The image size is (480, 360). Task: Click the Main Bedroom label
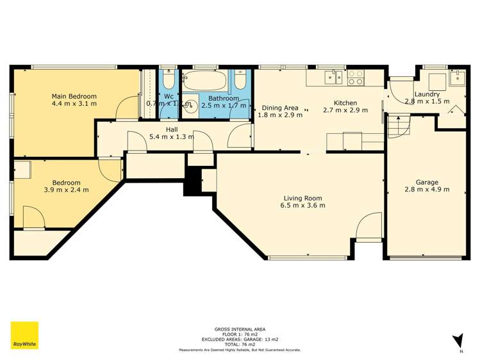point(74,96)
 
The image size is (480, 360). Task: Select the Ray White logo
point(24,335)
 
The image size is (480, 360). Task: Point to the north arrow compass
point(458,341)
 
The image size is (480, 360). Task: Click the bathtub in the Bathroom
point(204,81)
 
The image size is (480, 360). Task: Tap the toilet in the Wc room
point(168,80)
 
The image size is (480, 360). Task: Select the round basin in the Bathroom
point(190,106)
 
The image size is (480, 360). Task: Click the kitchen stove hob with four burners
point(356,78)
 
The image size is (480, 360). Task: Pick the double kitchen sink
point(331,78)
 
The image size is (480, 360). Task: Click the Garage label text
point(427,181)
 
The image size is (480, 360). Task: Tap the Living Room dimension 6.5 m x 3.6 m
point(302,206)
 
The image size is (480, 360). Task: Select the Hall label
point(172,129)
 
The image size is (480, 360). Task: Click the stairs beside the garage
point(397,125)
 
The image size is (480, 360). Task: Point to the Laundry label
point(427,94)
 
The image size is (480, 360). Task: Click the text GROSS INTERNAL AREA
point(240,329)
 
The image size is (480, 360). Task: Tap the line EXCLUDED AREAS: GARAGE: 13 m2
point(240,339)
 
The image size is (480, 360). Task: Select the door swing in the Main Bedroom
point(126,107)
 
